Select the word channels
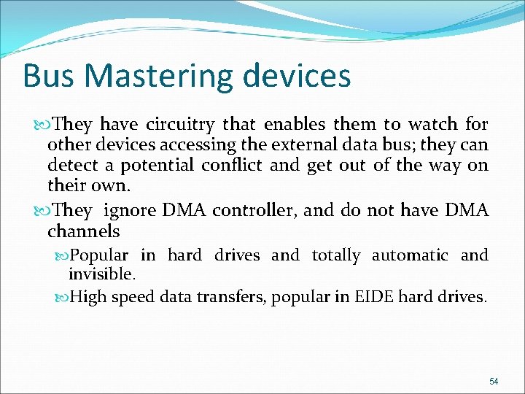coord(83,231)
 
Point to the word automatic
coord(410,255)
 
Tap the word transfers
coord(231,297)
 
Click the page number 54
coord(494,382)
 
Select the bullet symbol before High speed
coord(62,297)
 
